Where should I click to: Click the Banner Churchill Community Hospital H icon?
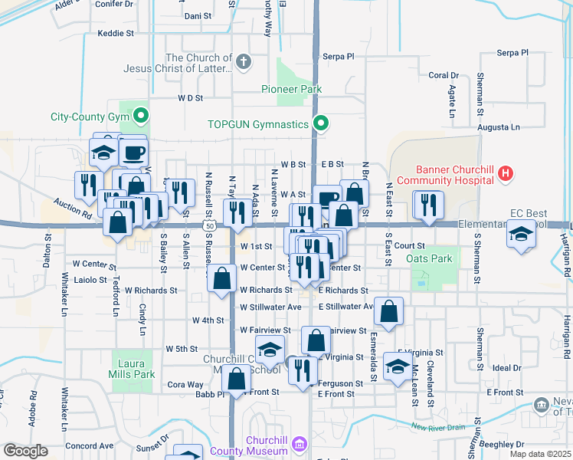(505, 175)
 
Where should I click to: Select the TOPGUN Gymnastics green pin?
(322, 123)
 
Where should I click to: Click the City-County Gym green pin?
(140, 117)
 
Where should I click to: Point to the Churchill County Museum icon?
(299, 445)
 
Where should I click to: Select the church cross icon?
(244, 62)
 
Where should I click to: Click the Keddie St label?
(116, 34)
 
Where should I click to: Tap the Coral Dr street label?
(443, 75)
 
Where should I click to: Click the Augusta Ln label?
(498, 127)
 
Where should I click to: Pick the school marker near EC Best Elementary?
(521, 234)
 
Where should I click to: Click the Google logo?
(25, 451)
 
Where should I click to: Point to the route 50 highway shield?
(209, 226)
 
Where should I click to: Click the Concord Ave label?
(89, 445)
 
